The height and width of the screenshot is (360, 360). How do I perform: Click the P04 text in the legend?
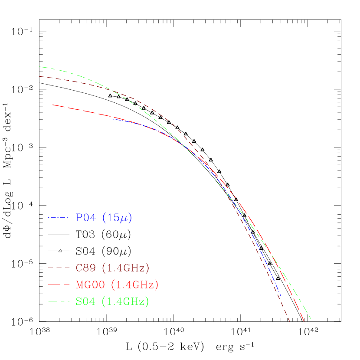(85, 218)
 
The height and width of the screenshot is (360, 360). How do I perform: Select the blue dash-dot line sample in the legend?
(59, 217)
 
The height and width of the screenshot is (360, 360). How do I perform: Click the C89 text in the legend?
(85, 268)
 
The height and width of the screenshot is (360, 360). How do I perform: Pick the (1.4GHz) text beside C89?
(128, 268)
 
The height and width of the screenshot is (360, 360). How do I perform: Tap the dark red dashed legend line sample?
(59, 268)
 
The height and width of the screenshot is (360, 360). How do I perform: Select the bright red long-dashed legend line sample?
(59, 285)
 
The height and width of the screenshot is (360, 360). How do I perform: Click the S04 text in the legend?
(85, 302)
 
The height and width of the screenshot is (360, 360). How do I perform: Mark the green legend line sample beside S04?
(59, 301)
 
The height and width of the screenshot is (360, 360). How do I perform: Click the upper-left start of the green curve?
(40, 67)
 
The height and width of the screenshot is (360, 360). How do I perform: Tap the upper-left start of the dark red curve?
(40, 76)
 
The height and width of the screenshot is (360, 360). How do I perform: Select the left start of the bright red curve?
(53, 105)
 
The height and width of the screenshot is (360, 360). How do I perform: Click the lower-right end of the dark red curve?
(289, 321)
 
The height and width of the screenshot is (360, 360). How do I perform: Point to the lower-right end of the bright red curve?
(304, 322)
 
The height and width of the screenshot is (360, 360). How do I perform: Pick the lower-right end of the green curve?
(311, 319)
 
